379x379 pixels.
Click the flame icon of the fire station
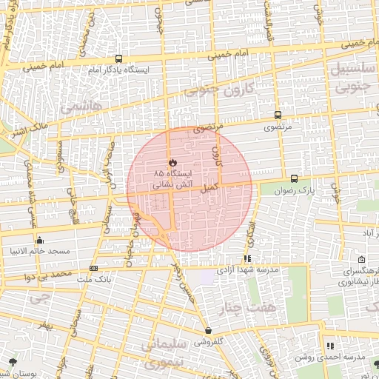172,161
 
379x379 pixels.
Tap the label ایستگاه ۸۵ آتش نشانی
171,177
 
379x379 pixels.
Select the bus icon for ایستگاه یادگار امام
118,59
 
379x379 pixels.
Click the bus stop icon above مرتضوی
278,115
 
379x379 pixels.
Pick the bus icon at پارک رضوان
295,178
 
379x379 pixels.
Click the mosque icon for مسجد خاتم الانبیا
39,240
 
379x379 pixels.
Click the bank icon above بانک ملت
93,268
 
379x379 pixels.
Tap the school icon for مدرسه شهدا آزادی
247,259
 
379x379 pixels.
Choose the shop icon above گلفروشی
208,331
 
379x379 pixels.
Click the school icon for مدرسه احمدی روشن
330,346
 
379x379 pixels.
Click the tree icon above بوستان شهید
13,362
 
